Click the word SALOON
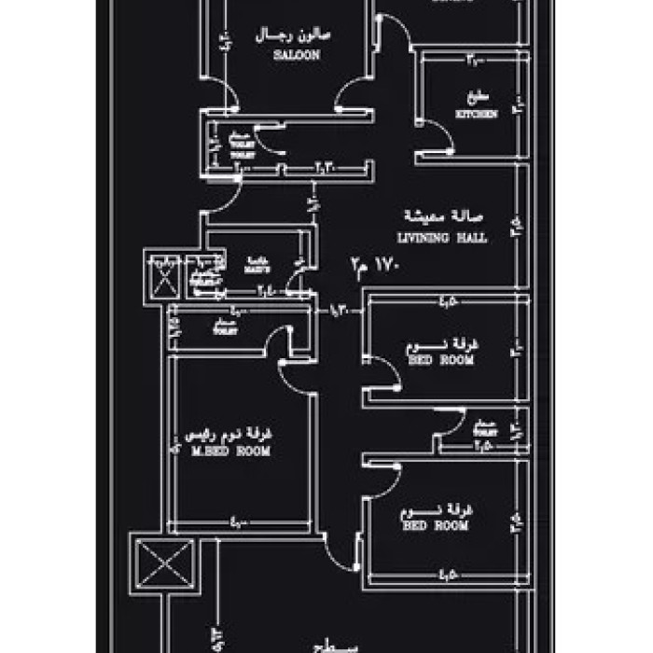point(297,56)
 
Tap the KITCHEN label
point(476,114)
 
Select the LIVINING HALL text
point(442,239)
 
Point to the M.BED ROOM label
point(230,452)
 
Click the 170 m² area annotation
point(374,265)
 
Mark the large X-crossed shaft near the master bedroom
point(165,565)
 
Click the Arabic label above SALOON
point(296,37)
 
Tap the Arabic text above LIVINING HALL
point(441,217)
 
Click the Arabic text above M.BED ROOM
point(231,435)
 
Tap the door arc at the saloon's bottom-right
point(354,94)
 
